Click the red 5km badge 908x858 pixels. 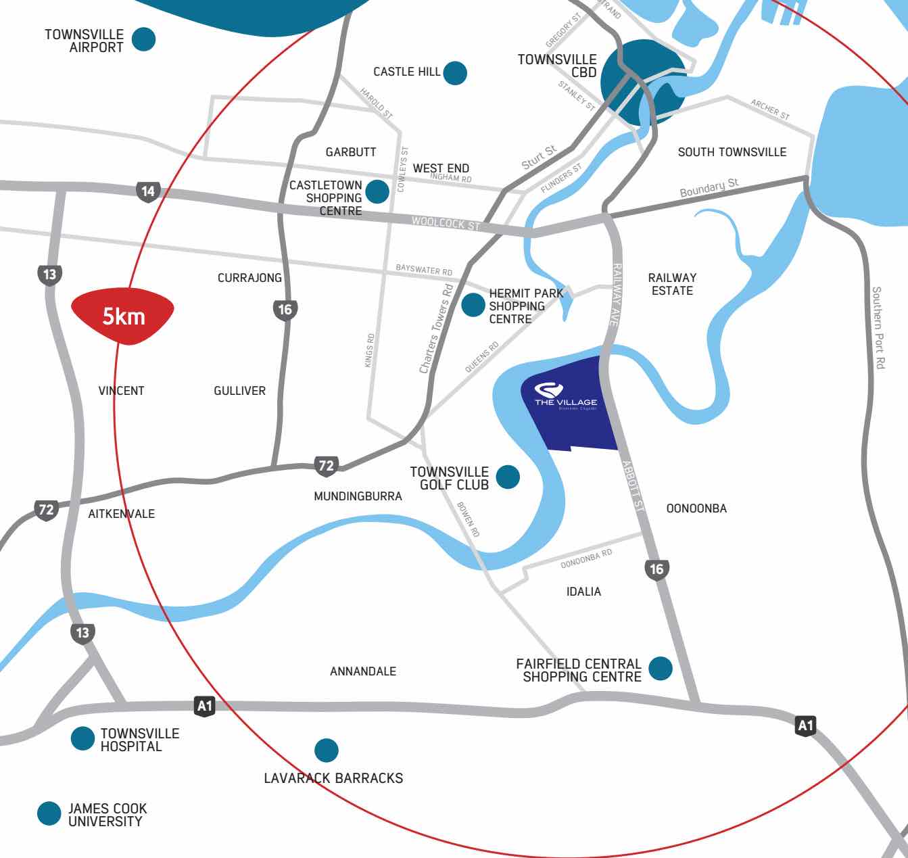(x=122, y=316)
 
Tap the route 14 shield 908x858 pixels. (x=147, y=191)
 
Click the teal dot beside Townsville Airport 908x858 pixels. (x=143, y=39)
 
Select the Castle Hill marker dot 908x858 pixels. (x=455, y=73)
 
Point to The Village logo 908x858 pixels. (x=548, y=390)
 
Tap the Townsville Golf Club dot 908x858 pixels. (x=508, y=477)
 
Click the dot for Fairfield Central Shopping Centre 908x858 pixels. (x=661, y=668)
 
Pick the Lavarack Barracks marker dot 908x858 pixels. (x=327, y=750)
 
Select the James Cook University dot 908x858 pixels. (x=49, y=813)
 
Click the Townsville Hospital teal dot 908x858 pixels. (x=82, y=738)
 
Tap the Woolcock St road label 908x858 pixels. (x=446, y=223)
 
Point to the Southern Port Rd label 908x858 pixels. (x=878, y=327)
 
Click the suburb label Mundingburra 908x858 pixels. (x=358, y=496)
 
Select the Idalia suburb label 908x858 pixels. (x=583, y=592)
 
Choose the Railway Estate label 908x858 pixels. (x=672, y=284)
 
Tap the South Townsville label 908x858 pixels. (x=732, y=152)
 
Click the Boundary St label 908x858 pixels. (x=709, y=188)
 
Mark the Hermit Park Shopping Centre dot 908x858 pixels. (x=473, y=305)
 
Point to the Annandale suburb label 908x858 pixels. (x=363, y=671)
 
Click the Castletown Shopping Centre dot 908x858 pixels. (x=377, y=191)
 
